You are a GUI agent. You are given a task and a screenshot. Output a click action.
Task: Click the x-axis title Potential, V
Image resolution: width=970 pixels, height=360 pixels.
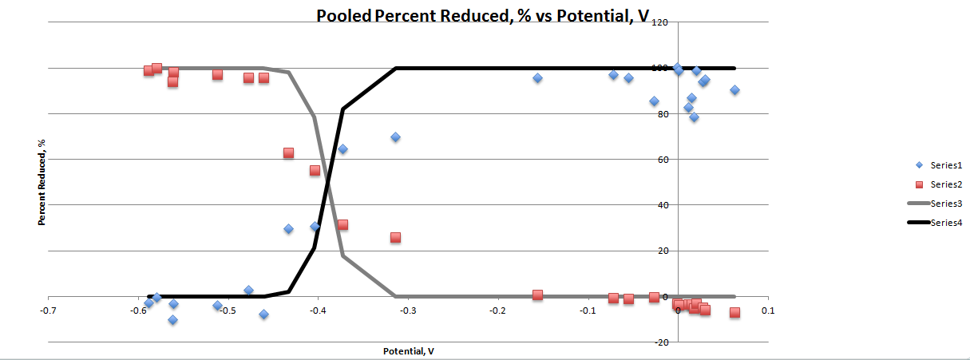pos(408,351)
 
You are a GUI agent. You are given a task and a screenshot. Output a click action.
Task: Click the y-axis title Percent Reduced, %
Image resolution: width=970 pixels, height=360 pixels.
pos(41,181)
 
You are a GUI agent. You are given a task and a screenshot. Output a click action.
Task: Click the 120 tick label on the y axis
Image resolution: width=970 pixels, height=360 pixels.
pos(659,22)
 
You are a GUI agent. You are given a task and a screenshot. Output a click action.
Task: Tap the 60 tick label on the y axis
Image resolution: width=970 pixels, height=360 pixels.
pos(662,160)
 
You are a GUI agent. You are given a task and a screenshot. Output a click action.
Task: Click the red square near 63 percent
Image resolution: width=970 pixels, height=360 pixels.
pos(288,152)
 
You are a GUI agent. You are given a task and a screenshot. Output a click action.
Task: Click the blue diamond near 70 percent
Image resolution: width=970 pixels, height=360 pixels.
pos(395,137)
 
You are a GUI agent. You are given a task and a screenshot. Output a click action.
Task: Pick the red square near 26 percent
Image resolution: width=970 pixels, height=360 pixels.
pos(395,237)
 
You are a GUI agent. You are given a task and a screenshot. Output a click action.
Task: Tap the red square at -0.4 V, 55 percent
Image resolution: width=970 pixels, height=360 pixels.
pos(315,170)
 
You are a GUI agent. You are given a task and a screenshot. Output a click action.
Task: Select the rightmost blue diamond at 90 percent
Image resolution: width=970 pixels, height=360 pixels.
pos(734,90)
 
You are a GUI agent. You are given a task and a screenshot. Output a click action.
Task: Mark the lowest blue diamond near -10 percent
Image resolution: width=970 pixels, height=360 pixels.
pos(172,320)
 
